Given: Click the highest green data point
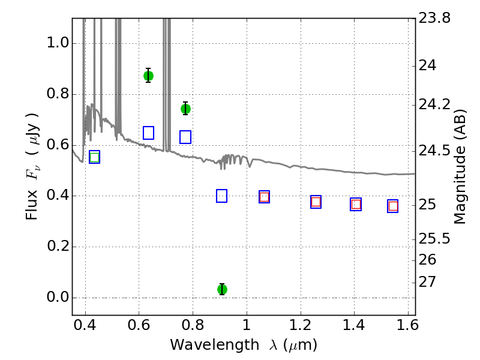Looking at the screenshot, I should (x=148, y=76).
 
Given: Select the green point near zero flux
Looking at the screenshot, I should (x=222, y=289).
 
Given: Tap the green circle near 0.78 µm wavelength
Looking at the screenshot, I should (x=185, y=109).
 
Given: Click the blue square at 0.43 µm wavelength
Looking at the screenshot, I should (x=94, y=157).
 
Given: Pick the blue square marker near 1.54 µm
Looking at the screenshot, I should (x=393, y=206).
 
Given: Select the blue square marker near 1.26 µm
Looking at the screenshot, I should (x=316, y=202).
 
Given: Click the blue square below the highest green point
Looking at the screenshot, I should (x=149, y=133).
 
